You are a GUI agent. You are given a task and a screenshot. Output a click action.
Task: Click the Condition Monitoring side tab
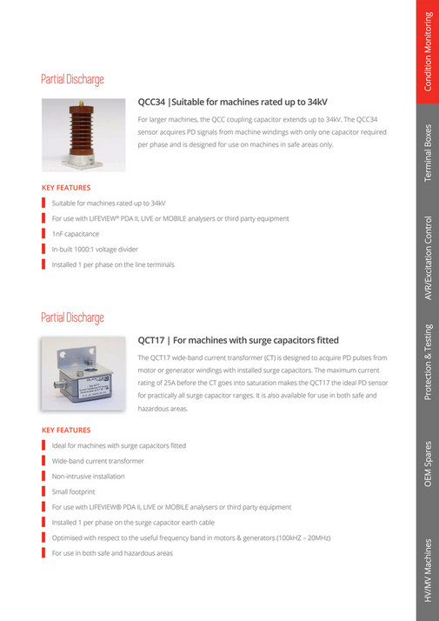[427, 52]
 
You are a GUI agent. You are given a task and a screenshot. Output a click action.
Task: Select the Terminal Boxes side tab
[427, 153]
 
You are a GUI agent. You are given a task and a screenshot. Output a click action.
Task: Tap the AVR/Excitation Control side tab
[427, 257]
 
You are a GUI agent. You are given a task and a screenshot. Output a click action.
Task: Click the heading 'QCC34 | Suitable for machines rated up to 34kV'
[232, 101]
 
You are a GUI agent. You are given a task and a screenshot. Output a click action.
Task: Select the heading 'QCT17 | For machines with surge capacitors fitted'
[238, 340]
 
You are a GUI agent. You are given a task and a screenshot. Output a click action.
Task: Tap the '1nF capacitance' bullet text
[75, 234]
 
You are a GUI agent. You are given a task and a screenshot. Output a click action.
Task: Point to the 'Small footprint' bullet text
[74, 491]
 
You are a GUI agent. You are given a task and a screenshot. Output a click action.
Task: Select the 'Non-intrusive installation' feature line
[88, 476]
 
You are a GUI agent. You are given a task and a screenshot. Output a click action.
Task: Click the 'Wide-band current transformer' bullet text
[97, 461]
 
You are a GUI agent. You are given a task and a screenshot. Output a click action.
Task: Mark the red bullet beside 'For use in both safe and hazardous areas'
[43, 553]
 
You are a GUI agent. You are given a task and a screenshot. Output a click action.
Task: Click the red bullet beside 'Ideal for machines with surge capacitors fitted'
[43, 445]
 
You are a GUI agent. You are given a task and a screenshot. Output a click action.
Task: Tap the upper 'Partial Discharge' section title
[72, 79]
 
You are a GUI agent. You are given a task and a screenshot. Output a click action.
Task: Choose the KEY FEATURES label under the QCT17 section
[66, 430]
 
